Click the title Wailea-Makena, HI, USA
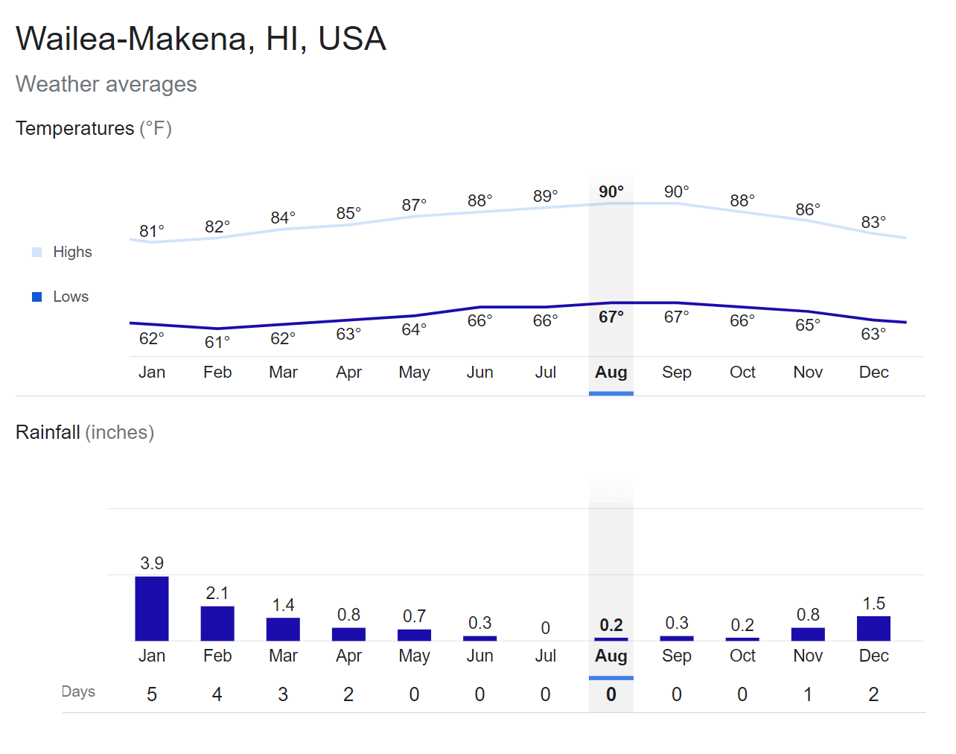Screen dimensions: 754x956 tap(201, 39)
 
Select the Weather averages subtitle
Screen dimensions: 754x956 tap(106, 84)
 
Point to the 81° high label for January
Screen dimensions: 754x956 tap(152, 231)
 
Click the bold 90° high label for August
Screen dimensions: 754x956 tap(611, 191)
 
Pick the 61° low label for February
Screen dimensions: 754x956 tap(217, 342)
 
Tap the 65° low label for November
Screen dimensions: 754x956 tap(808, 325)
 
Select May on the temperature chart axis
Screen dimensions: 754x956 tap(414, 372)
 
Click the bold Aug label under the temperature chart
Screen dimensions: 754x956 tap(611, 372)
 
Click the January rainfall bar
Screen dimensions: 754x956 tap(152, 609)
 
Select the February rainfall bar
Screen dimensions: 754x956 tap(217, 624)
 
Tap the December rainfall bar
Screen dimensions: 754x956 tap(873, 628)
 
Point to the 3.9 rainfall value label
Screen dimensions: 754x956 tap(152, 563)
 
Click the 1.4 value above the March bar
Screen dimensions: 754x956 tap(283, 605)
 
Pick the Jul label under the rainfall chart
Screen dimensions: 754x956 tap(546, 656)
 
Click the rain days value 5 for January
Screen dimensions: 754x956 tap(152, 694)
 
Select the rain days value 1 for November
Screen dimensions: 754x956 tap(808, 694)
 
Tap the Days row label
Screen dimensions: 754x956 tap(78, 691)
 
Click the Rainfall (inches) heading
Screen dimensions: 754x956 tap(85, 432)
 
